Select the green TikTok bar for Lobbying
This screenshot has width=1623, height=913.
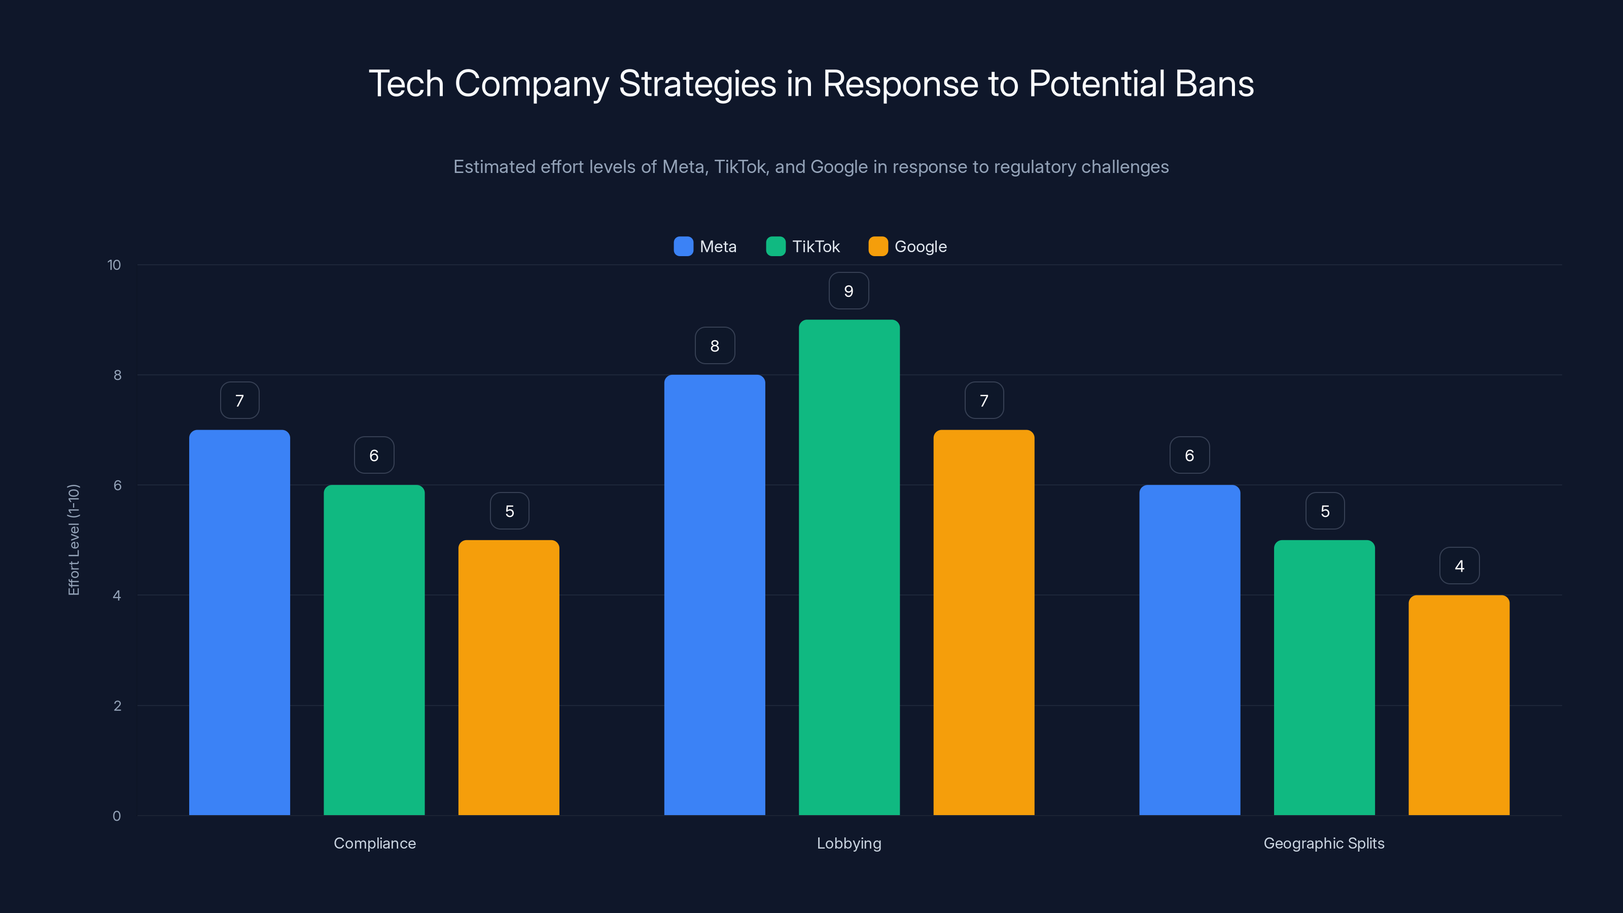pos(849,567)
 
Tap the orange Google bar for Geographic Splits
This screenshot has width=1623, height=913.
pos(1459,705)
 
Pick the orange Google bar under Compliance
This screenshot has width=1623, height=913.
pos(508,677)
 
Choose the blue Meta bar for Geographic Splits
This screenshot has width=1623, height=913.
pos(1189,650)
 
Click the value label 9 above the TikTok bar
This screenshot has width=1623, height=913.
pos(849,291)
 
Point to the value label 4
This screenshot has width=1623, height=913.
pos(1459,566)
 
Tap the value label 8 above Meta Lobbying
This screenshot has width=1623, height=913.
pos(715,346)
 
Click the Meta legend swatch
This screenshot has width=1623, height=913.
pos(683,247)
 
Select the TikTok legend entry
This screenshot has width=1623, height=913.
pos(803,247)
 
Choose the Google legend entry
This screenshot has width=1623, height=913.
pos(908,247)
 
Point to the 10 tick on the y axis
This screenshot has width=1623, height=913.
pos(114,265)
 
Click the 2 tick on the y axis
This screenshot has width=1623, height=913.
pos(117,706)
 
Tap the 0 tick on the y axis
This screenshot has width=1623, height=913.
pos(117,816)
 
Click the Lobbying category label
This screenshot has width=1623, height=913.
pos(849,843)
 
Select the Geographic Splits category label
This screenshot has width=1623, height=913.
pos(1324,843)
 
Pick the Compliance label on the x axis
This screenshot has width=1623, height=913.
pos(374,843)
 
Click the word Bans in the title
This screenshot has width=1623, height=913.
pos(1214,84)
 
